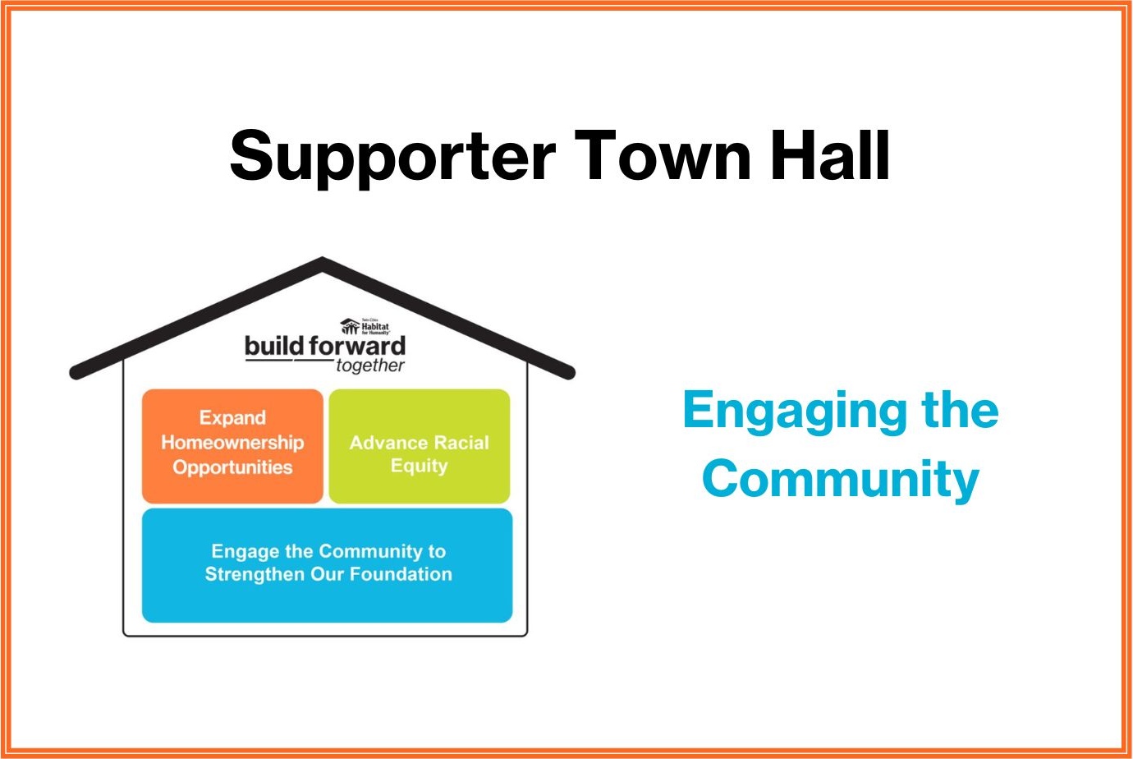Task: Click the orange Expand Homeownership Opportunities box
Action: click(232, 445)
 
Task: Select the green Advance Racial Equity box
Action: click(419, 445)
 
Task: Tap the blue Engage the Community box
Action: click(327, 565)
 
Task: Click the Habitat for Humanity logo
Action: click(365, 326)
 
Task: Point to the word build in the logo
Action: click(274, 346)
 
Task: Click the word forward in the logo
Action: click(358, 346)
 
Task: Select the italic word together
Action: click(369, 366)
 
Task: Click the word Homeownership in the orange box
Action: click(232, 442)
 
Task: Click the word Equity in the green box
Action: click(419, 466)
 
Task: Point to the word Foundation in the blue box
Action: click(401, 574)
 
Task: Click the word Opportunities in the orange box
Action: click(232, 467)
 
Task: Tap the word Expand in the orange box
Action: click(232, 417)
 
